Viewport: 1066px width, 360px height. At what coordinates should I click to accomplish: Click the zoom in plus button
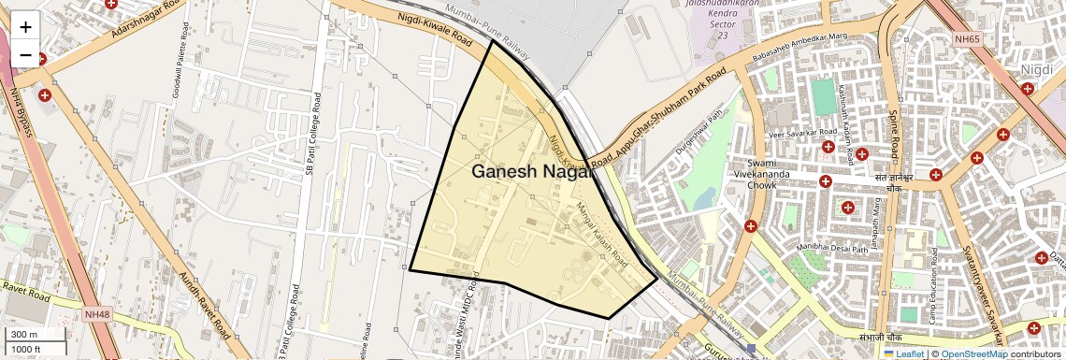tap(25, 26)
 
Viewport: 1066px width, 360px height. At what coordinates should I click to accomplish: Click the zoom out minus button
tap(25, 55)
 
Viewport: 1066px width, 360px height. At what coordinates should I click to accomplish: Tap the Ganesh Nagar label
tap(532, 171)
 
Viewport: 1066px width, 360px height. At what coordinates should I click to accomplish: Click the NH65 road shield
tap(968, 39)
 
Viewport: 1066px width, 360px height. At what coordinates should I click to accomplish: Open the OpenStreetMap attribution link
tap(973, 353)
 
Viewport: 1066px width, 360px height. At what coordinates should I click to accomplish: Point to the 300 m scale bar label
tap(24, 335)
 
